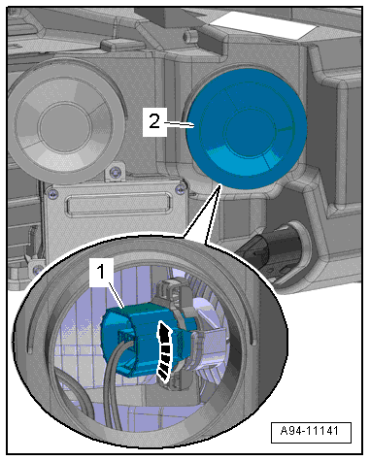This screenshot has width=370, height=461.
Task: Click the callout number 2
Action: pos(154,122)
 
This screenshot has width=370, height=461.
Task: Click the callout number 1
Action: pos(101,272)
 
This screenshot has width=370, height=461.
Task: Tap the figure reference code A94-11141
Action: pos(310,431)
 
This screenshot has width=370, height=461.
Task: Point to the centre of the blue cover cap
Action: pos(247,129)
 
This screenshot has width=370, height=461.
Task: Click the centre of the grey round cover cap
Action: pos(66,124)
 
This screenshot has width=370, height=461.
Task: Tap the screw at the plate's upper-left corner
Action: pos(52,194)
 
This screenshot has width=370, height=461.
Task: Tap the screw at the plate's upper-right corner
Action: pos(180,190)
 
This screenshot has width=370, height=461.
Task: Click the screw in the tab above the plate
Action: pos(115,174)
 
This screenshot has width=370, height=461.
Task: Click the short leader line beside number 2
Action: pos(179,124)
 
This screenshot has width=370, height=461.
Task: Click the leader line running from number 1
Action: pos(117,294)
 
